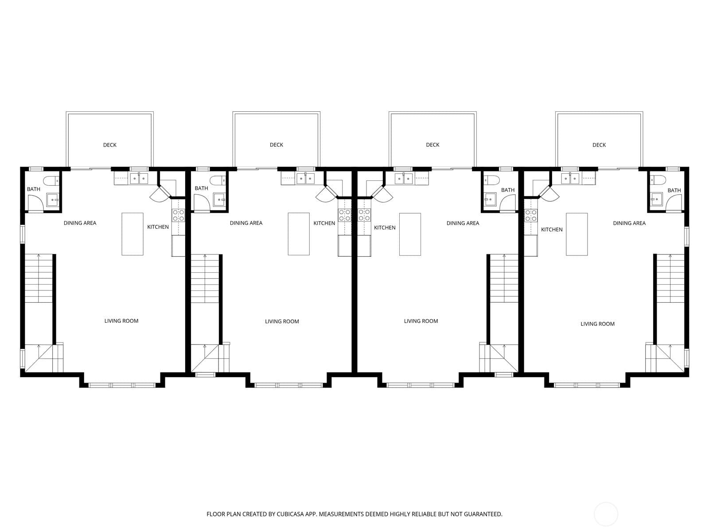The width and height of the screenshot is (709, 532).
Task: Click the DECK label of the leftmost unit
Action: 110,145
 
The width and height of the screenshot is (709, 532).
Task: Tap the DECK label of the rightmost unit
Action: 599,145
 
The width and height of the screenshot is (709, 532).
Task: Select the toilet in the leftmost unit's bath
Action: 51,180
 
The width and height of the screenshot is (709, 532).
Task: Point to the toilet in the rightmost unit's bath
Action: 658,180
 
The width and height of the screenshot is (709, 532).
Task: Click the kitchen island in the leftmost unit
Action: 132,234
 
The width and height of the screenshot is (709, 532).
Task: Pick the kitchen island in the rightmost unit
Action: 577,234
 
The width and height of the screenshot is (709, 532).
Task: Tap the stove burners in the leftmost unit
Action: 178,215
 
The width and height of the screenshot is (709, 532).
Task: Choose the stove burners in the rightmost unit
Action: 531,216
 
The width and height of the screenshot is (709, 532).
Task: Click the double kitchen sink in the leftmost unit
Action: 139,178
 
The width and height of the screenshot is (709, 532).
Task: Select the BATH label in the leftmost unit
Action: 34,189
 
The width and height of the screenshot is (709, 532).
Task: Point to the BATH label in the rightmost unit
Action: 674,191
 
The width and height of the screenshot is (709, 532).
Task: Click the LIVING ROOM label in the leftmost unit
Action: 121,321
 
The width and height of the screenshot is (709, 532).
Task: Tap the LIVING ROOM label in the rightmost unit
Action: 598,324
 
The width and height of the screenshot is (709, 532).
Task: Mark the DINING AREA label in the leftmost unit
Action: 80,223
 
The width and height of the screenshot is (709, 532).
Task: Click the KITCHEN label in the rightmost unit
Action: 552,230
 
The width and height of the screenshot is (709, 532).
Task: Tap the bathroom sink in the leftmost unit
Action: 53,200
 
